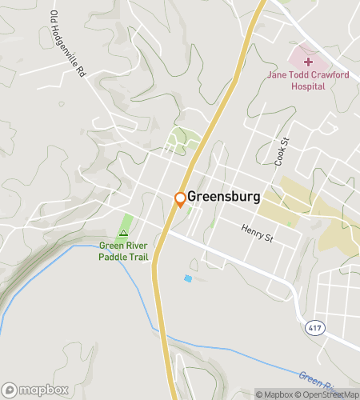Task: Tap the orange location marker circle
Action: (x=181, y=198)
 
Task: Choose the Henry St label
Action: (x=258, y=232)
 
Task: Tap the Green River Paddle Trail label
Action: (x=123, y=251)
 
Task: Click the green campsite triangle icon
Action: (x=123, y=234)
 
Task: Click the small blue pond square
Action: (x=188, y=278)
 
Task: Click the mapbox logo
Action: (x=34, y=390)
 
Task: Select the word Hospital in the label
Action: (x=308, y=86)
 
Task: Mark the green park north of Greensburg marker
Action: (x=182, y=141)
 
